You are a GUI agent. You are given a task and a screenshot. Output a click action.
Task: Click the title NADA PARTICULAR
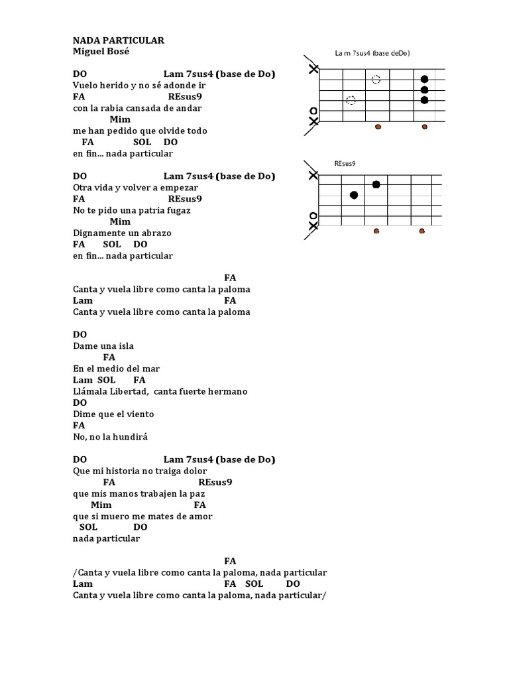119,40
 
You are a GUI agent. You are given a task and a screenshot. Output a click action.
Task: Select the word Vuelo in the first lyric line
85,86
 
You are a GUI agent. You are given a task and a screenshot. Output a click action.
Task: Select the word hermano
227,391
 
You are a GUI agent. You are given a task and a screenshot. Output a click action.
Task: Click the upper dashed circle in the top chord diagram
376,80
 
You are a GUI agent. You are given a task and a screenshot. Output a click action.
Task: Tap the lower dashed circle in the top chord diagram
351,101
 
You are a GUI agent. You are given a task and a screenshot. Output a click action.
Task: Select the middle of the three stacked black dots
424,90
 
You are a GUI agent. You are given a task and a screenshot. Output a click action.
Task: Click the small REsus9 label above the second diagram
346,163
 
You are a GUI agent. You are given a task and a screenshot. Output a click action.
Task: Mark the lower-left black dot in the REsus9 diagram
353,195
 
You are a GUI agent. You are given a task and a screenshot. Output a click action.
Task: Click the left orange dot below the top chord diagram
378,126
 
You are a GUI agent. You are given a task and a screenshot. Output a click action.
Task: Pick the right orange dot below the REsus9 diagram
422,231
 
